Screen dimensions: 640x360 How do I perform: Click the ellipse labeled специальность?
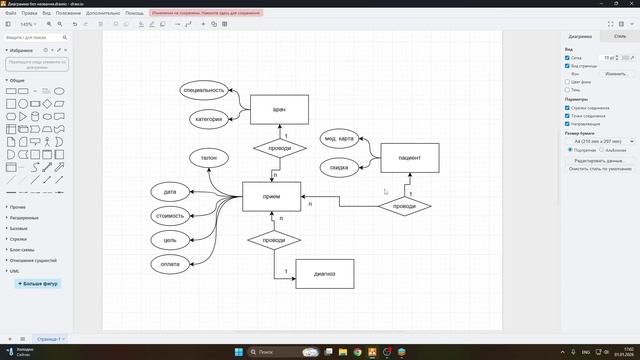pos(204,90)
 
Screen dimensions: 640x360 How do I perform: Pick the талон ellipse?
pos(208,158)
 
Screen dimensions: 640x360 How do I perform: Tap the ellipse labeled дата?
pos(170,191)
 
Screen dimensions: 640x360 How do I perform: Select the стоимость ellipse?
pos(170,215)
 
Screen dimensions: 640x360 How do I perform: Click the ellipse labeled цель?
pos(170,240)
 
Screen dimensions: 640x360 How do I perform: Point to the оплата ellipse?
pos(170,264)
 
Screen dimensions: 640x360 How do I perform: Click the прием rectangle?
pos(271,196)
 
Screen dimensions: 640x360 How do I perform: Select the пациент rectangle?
pos(409,158)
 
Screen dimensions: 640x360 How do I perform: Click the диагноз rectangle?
pos(324,273)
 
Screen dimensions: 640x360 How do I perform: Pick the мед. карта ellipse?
pos(339,138)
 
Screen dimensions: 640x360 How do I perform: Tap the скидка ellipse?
pos(339,167)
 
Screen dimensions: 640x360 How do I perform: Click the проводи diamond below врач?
pos(280,148)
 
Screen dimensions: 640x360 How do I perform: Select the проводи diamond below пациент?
pos(404,206)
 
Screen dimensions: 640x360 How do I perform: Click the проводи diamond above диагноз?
pos(274,240)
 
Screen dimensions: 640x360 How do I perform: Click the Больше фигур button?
pos(39,283)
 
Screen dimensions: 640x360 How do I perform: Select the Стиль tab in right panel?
pos(619,36)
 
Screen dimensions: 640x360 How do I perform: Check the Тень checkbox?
pos(567,90)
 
